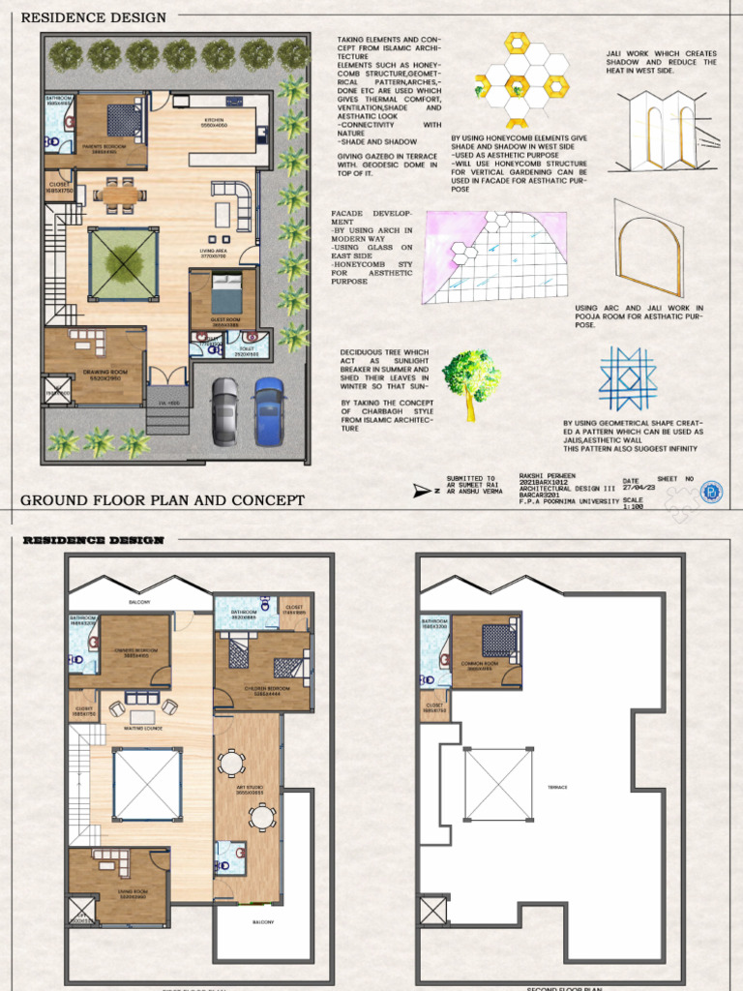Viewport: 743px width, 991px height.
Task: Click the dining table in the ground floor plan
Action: tap(120, 195)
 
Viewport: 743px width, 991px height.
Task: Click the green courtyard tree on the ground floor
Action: tap(123, 261)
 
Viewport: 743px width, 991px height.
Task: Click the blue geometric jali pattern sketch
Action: tap(627, 378)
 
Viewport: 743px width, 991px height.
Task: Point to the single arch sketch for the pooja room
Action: tap(648, 251)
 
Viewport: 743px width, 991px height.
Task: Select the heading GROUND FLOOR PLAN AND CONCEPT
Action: tap(163, 500)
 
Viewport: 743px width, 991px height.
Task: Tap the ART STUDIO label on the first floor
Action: tap(250, 788)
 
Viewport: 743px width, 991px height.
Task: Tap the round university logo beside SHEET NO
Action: tap(712, 492)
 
